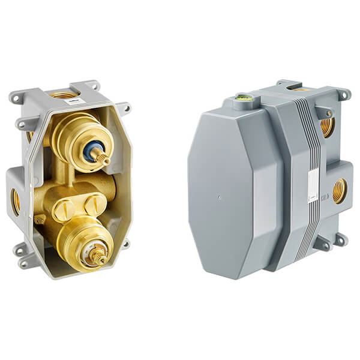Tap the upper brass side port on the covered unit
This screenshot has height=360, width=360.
pyautogui.click(x=328, y=125)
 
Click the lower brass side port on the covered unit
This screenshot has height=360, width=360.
pyautogui.click(x=339, y=191)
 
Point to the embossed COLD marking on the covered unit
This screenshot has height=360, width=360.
pyautogui.click(x=325, y=196)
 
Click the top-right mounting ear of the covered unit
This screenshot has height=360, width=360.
pyautogui.click(x=344, y=94)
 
